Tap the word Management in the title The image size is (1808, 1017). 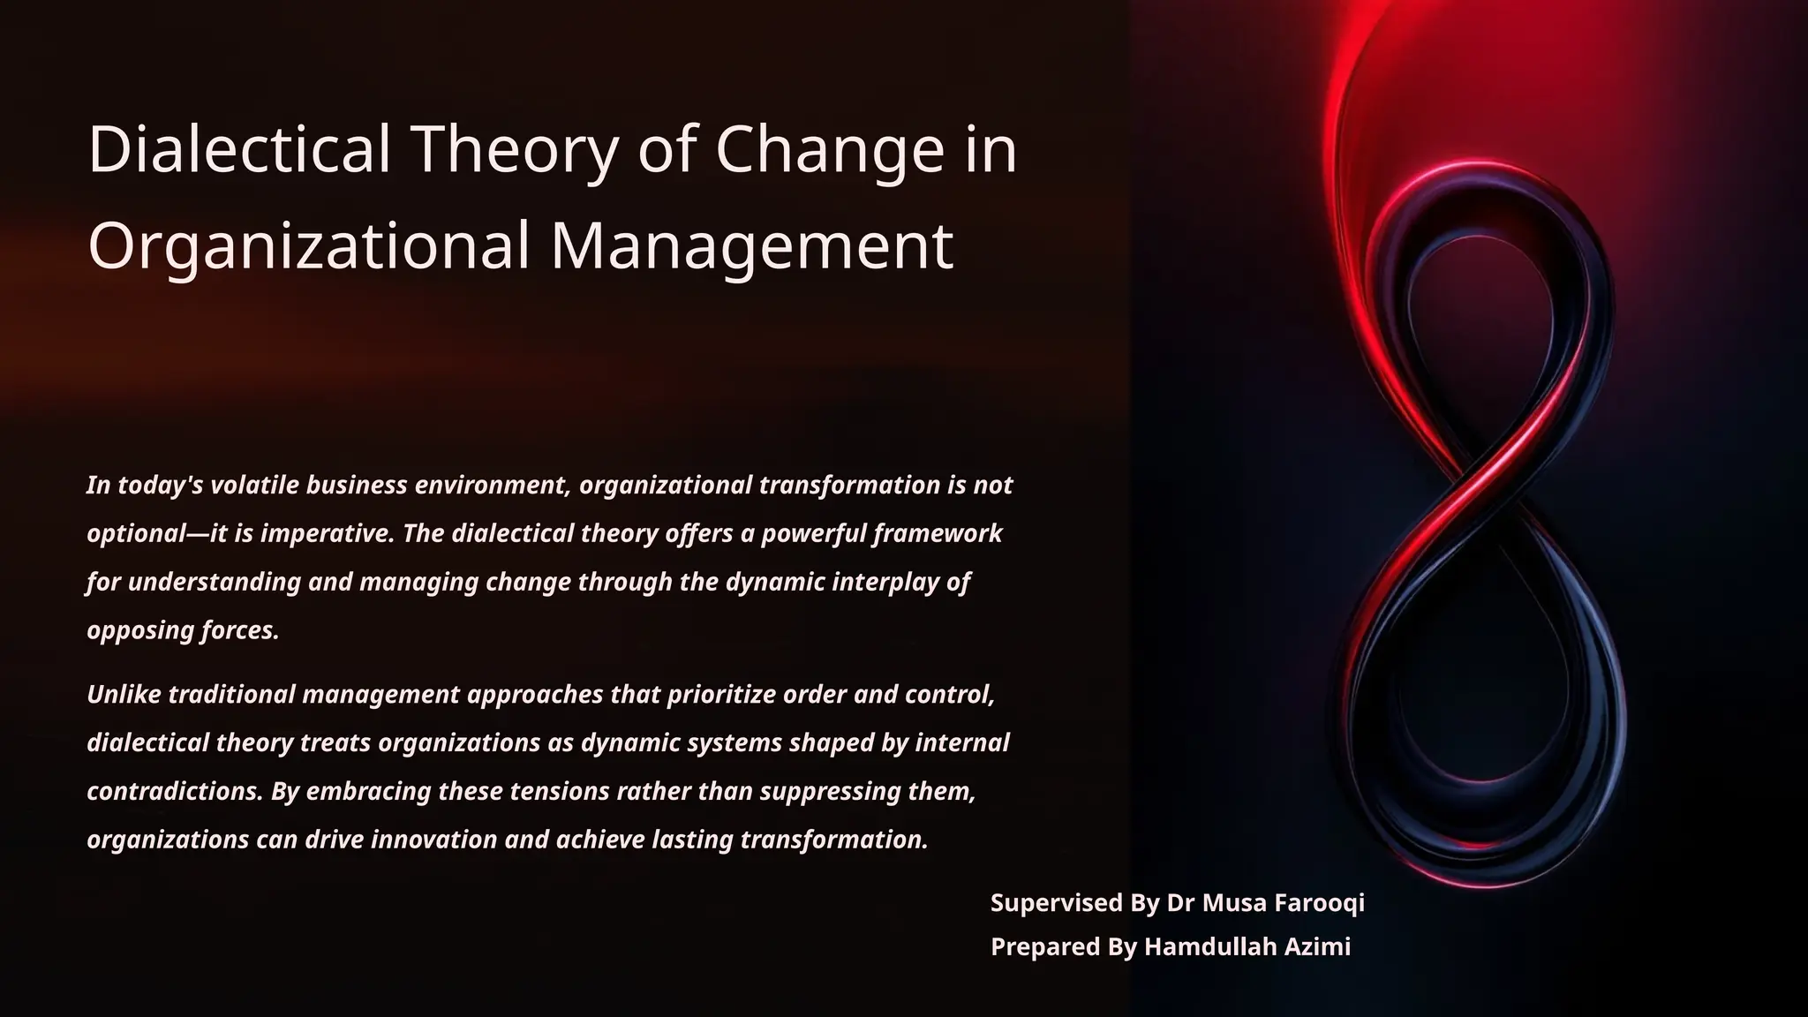[x=751, y=245]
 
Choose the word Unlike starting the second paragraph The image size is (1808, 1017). [x=124, y=695]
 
